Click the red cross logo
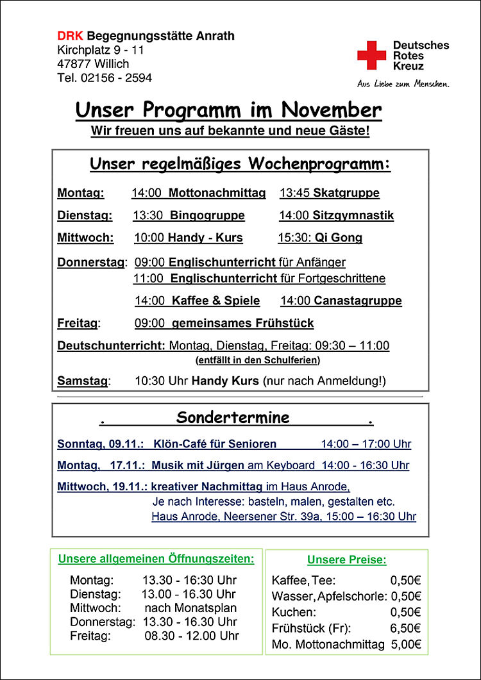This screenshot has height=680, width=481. [x=372, y=55]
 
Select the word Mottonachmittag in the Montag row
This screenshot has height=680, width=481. [x=217, y=193]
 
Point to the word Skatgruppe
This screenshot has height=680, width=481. [x=346, y=193]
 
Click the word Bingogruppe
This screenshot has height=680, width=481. [x=208, y=215]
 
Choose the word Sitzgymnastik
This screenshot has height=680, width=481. [x=353, y=215]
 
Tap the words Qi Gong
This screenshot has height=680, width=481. [x=339, y=238]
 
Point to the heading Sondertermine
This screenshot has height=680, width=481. [x=233, y=418]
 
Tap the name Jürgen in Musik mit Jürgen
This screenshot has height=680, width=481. [x=227, y=465]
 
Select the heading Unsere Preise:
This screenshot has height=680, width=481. [x=347, y=560]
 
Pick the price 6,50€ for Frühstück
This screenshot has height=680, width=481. [x=405, y=629]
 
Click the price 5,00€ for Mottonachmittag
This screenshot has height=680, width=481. [x=405, y=645]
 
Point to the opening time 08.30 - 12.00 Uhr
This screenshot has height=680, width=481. [x=192, y=636]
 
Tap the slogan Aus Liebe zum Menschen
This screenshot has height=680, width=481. [x=403, y=84]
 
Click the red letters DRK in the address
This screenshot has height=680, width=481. [x=71, y=36]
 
